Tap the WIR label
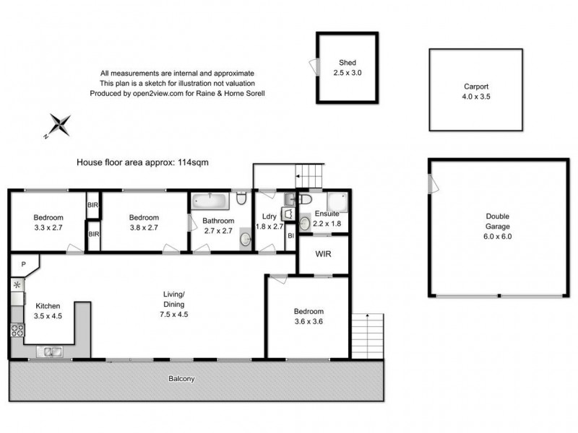324,254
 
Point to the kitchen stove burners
17,331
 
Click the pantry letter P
23,265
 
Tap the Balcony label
181,378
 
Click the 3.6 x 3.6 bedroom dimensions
308,321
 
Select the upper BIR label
93,205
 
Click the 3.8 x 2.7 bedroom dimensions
143,227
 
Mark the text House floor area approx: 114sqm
142,162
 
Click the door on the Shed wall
314,66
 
